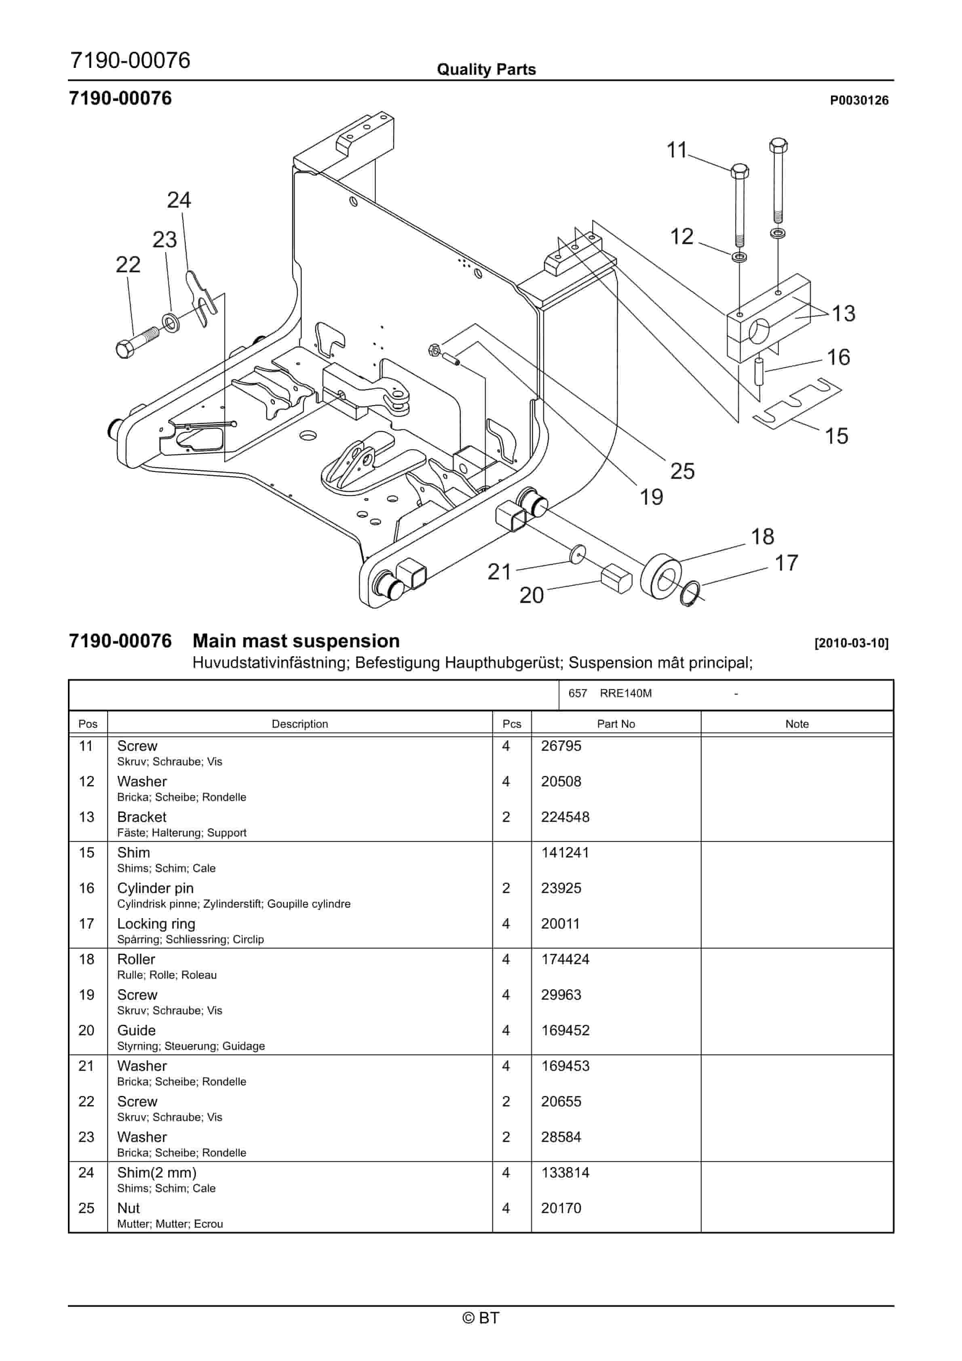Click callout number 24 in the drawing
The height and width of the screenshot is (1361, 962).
point(179,200)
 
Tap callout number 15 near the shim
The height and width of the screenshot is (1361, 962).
point(836,436)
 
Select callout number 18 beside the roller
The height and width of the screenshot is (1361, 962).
point(762,537)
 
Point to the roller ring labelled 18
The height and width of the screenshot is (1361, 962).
point(661,576)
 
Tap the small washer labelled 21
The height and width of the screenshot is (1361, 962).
point(577,555)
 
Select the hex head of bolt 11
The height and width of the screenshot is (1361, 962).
point(739,172)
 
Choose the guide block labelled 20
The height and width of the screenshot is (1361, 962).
point(617,579)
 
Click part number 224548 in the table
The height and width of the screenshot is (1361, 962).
point(565,817)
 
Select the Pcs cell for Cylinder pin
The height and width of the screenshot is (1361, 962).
point(506,888)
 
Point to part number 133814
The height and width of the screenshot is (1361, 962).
point(565,1173)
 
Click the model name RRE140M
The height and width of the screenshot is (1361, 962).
point(625,693)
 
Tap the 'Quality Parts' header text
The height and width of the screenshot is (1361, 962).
point(486,70)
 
